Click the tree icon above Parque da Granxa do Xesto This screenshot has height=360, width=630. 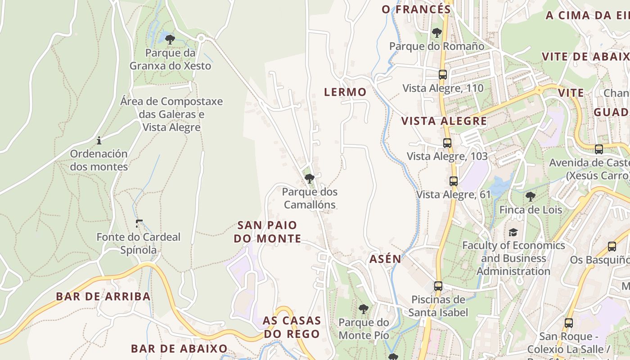pos(170,40)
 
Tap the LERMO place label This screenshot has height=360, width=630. pos(346,92)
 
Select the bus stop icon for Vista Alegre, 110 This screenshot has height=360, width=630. pos(443,75)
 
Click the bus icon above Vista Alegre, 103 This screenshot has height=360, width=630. pos(447,143)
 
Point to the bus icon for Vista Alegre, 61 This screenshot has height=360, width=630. pos(454,181)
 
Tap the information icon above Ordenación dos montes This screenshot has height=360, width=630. pos(99,140)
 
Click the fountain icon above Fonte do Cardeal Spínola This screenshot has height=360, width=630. pos(139,223)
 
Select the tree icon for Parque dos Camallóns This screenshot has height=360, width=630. pos(309,179)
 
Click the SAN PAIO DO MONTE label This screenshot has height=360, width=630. pos(267,232)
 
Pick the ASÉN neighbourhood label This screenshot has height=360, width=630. pos(385,259)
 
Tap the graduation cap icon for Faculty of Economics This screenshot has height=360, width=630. pos(513,232)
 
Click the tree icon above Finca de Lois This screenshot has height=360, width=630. pos(531,196)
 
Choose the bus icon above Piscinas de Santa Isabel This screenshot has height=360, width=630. pos(438,286)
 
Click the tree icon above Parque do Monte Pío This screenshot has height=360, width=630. pos(364,309)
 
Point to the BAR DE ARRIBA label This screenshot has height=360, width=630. pos(103,297)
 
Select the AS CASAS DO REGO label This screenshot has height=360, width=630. pos(292,327)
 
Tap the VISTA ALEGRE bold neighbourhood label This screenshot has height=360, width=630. pos(444,121)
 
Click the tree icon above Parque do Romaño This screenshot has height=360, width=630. pos(436,33)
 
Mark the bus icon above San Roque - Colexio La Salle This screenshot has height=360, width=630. pos(569,323)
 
